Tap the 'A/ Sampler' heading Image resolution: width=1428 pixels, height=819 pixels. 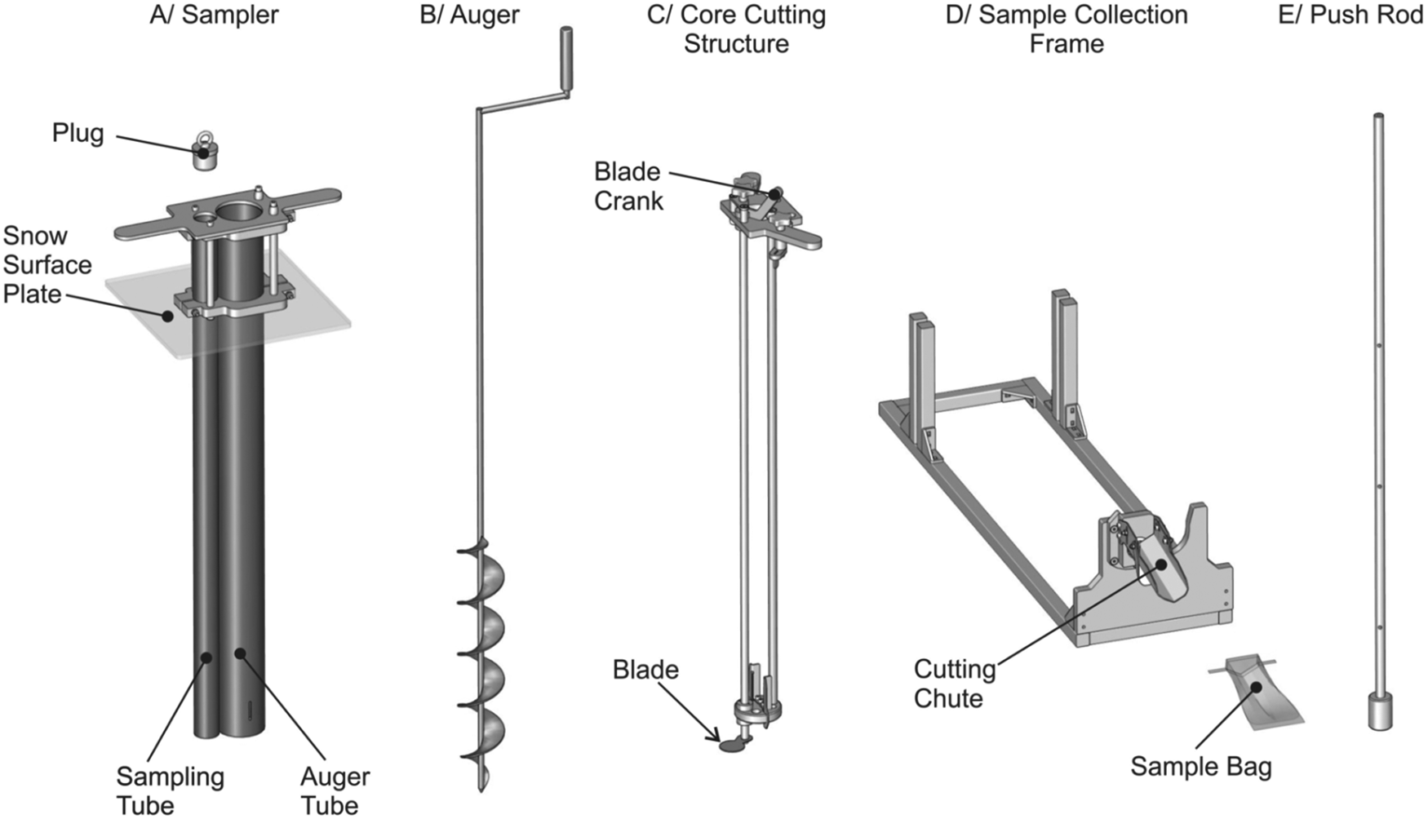pyautogui.click(x=214, y=15)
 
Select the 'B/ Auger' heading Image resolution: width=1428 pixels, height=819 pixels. pyautogui.click(x=469, y=15)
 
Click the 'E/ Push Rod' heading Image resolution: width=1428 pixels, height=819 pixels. pyautogui.click(x=1350, y=15)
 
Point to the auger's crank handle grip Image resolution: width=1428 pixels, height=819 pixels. pyautogui.click(x=565, y=61)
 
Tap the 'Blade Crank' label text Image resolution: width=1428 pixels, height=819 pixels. pyautogui.click(x=628, y=186)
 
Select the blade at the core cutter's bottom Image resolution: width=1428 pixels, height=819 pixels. pyautogui.click(x=731, y=744)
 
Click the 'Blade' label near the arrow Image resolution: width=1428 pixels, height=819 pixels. pyautogui.click(x=645, y=670)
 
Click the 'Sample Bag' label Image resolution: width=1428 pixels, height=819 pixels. pyautogui.click(x=1200, y=767)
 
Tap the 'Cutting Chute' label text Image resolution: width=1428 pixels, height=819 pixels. pyautogui.click(x=954, y=684)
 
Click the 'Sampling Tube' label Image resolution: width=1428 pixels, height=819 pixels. pyautogui.click(x=170, y=790)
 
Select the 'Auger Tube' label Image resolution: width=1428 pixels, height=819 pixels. pyautogui.click(x=335, y=790)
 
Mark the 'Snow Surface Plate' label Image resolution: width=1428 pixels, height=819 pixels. pyautogui.click(x=47, y=264)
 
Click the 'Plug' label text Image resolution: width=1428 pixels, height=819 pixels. pyautogui.click(x=78, y=133)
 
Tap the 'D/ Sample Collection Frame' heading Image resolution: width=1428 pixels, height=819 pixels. pyautogui.click(x=1067, y=29)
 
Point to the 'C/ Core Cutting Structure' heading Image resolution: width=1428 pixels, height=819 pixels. pyautogui.click(x=736, y=29)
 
